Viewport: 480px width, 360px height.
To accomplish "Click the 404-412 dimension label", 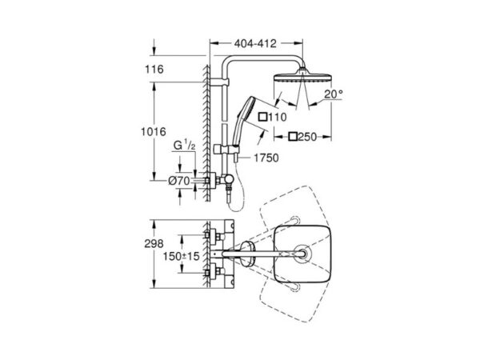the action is (x=255, y=44).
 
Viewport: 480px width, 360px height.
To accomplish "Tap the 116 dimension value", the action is (x=154, y=69).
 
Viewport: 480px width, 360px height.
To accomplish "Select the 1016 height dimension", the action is (x=154, y=132).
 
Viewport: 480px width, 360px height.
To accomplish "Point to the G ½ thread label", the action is (x=184, y=145).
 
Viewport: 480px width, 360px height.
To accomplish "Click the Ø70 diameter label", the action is (x=179, y=181).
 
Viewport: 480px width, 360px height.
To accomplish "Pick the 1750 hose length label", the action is (x=266, y=158).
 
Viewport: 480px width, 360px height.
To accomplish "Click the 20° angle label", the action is (x=334, y=94).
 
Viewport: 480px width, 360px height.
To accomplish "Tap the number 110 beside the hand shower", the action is (x=278, y=117).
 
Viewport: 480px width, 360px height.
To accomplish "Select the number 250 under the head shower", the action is (x=307, y=137).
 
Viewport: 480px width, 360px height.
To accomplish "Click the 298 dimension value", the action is (x=154, y=244).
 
